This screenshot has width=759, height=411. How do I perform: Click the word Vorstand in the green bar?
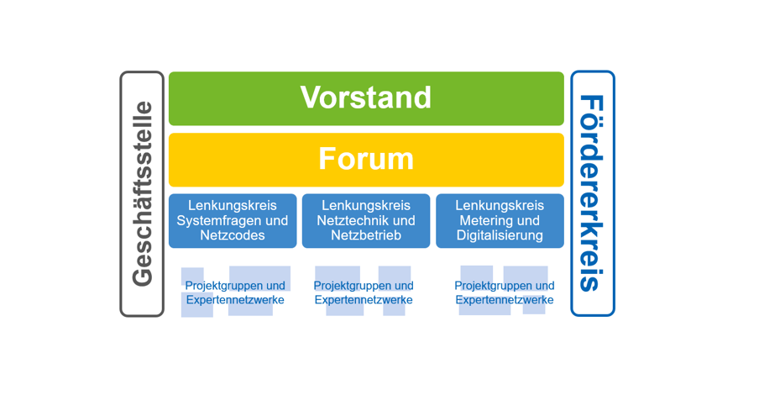click(x=366, y=97)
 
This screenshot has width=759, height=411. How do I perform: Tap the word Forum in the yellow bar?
click(x=366, y=159)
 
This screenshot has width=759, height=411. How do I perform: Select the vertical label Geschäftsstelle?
click(x=143, y=194)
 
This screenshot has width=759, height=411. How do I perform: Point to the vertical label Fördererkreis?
click(x=592, y=193)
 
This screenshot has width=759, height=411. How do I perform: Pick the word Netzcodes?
click(x=233, y=235)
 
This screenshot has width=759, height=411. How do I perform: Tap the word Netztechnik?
click(x=349, y=220)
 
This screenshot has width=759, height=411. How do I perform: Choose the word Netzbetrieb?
click(x=366, y=235)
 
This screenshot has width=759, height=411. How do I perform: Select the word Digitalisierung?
click(x=500, y=236)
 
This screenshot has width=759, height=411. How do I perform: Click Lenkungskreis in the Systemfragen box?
click(x=233, y=205)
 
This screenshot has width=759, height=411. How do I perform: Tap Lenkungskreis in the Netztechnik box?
click(x=366, y=205)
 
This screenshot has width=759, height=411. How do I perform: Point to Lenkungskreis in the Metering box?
click(x=500, y=205)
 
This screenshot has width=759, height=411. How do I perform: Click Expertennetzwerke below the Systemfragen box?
click(x=235, y=300)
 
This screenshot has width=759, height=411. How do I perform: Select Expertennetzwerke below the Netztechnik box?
click(x=364, y=300)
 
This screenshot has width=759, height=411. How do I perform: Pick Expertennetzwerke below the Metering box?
click(x=505, y=300)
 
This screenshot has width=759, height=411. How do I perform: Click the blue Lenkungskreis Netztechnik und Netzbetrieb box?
click(x=366, y=221)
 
